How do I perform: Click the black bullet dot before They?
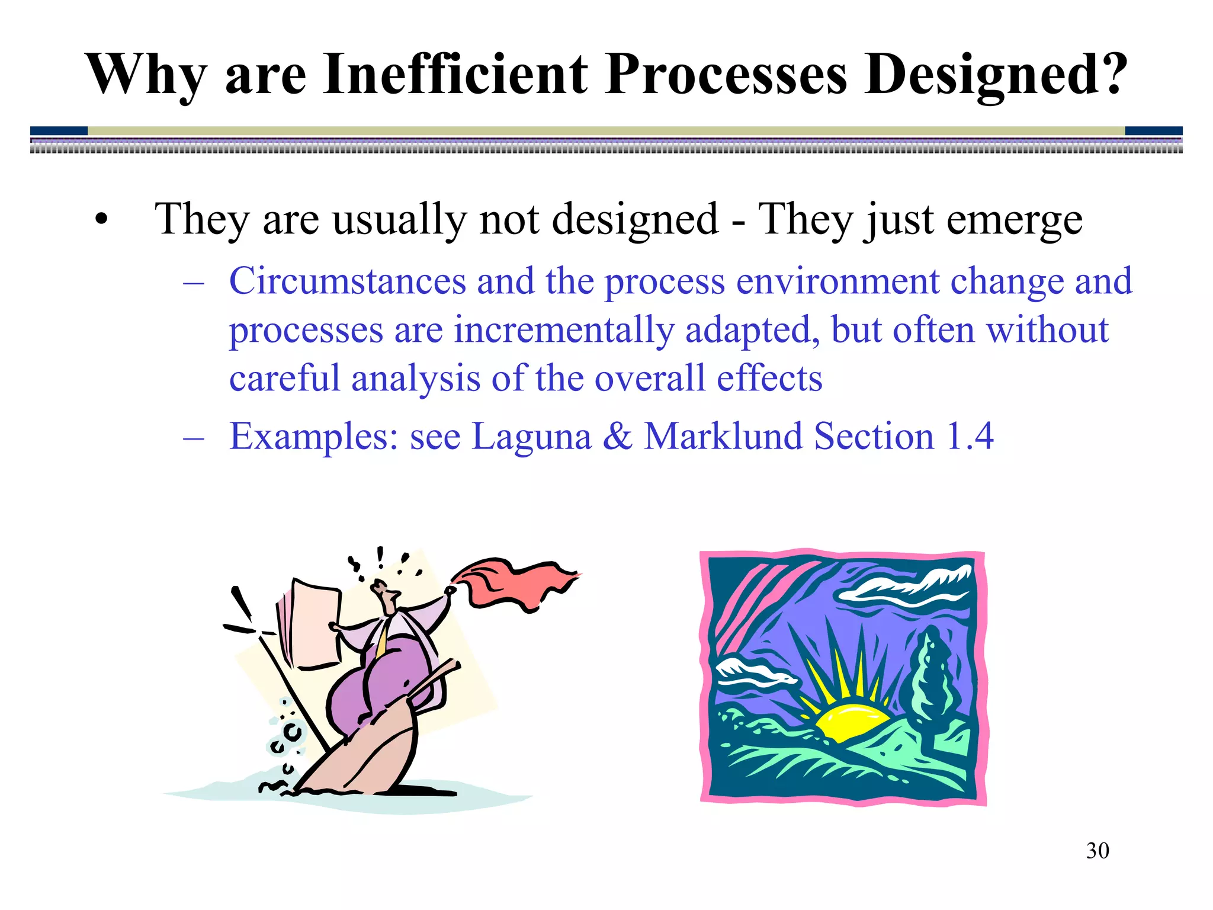102,220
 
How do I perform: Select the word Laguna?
531,437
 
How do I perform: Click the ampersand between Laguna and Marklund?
618,437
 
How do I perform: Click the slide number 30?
1097,851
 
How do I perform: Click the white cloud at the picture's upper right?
912,583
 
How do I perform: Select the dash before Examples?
194,438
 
